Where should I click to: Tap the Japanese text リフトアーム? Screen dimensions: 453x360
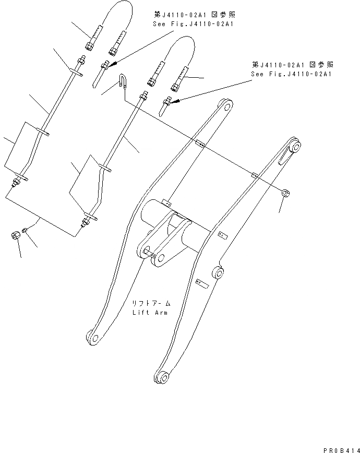pos(151,303)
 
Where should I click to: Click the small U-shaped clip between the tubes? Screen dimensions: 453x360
pos(121,81)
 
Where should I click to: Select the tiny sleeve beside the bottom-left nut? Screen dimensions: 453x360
pos(26,230)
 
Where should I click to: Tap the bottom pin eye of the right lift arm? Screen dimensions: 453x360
pos(162,376)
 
